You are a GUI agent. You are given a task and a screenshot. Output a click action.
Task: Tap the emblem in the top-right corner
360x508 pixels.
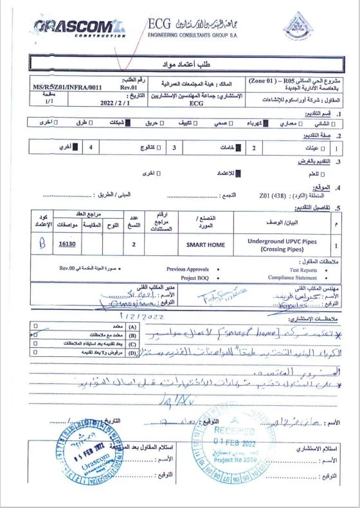coord(298,26)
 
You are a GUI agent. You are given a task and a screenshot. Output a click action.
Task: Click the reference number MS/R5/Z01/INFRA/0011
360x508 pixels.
coord(68,86)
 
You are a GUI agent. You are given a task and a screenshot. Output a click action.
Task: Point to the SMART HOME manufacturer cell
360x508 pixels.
coord(206,244)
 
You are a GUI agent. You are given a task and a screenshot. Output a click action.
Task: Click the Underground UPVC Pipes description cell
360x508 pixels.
coord(282,244)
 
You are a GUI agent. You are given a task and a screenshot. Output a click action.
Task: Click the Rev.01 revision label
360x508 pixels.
coord(129,86)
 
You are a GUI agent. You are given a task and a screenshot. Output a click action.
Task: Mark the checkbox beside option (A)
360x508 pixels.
coord(37,327)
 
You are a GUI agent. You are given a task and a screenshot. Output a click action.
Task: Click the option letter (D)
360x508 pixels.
coord(133,353)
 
